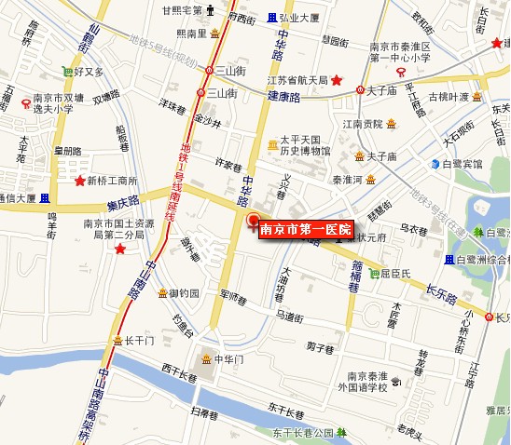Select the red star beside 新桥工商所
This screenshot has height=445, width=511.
pos(80,181)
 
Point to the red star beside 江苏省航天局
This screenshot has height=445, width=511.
pos(337,81)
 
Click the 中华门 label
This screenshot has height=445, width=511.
pos(228,358)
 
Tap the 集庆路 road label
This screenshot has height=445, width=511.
pos(121,200)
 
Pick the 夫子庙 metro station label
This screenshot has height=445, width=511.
pos(382,90)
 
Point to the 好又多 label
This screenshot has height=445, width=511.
pos(90,70)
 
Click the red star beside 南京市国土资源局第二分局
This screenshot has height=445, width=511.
pos(119,249)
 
